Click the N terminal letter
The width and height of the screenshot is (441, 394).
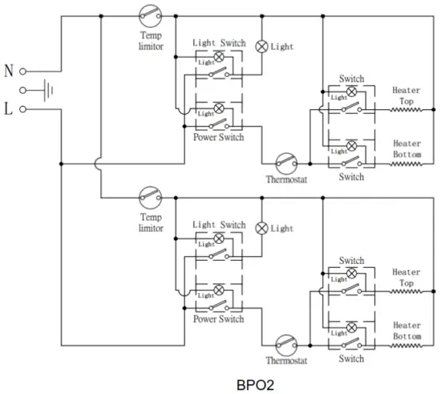point(9,71)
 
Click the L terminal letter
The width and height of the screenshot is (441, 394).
point(9,108)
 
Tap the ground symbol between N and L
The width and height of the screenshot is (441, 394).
point(49,90)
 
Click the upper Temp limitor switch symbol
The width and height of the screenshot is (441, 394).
point(150,14)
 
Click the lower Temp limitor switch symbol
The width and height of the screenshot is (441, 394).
point(150,195)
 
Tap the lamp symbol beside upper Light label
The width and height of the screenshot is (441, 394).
point(261,45)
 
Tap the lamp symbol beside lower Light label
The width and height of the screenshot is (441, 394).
point(261,227)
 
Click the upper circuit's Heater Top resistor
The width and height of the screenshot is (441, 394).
point(406,110)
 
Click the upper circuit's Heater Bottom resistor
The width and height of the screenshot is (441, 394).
point(406,164)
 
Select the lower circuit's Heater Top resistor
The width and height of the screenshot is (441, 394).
point(406,292)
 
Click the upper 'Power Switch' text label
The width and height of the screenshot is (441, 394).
point(218,137)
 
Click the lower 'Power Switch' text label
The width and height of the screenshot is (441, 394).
point(218,319)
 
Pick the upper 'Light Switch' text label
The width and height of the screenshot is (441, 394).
point(219,43)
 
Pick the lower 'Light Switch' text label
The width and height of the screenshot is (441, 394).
point(219,225)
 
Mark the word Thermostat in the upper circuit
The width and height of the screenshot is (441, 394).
point(286,180)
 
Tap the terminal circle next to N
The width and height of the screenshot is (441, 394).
point(23,71)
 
